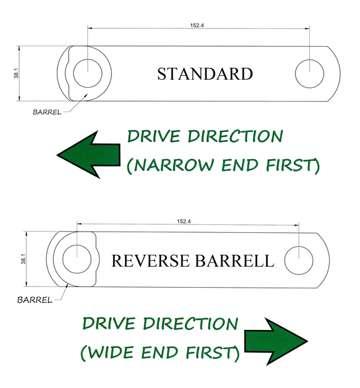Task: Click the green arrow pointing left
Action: click(x=89, y=154)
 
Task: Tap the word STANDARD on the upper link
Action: click(x=205, y=74)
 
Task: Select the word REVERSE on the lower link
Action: click(x=151, y=261)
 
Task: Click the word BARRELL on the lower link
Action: click(x=234, y=261)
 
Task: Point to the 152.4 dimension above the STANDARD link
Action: click(x=197, y=25)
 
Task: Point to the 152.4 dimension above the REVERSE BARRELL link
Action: click(x=184, y=221)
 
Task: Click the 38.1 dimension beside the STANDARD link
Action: click(x=16, y=73)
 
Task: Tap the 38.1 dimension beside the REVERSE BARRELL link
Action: click(x=23, y=259)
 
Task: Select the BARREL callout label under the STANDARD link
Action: click(x=47, y=112)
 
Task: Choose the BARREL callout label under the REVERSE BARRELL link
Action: click(x=35, y=300)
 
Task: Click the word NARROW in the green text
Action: click(x=174, y=165)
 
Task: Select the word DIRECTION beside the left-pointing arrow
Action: click(x=235, y=136)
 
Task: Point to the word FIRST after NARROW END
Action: click(x=290, y=165)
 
